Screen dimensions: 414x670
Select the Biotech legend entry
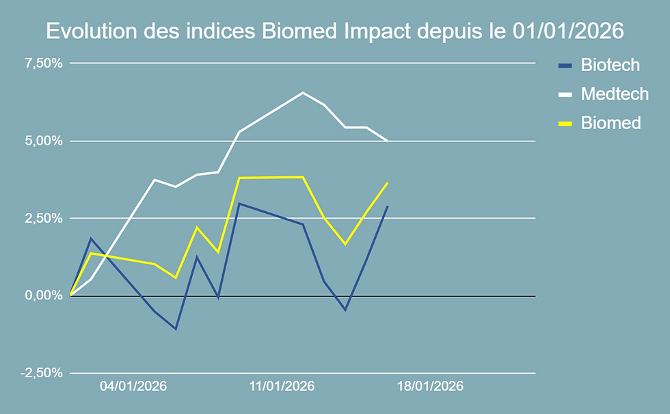(610, 65)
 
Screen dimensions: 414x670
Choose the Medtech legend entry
(614, 94)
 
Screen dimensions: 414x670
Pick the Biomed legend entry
(611, 123)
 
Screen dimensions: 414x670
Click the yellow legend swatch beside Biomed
(565, 124)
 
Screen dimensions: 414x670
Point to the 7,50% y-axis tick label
(44, 64)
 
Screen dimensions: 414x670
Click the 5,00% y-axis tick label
(44, 141)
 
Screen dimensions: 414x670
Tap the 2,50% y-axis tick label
(44, 219)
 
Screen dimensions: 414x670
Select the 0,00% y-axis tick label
(44, 296)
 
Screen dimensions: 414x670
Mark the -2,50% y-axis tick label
(42, 373)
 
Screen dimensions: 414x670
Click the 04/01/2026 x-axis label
(133, 387)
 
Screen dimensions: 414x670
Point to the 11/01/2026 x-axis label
(282, 387)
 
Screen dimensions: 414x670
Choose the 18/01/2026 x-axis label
(430, 387)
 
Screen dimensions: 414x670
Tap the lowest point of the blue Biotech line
(176, 329)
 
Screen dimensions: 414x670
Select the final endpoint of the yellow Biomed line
(388, 183)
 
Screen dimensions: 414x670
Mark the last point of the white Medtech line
(388, 140)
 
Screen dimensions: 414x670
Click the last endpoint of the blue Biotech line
(388, 206)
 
